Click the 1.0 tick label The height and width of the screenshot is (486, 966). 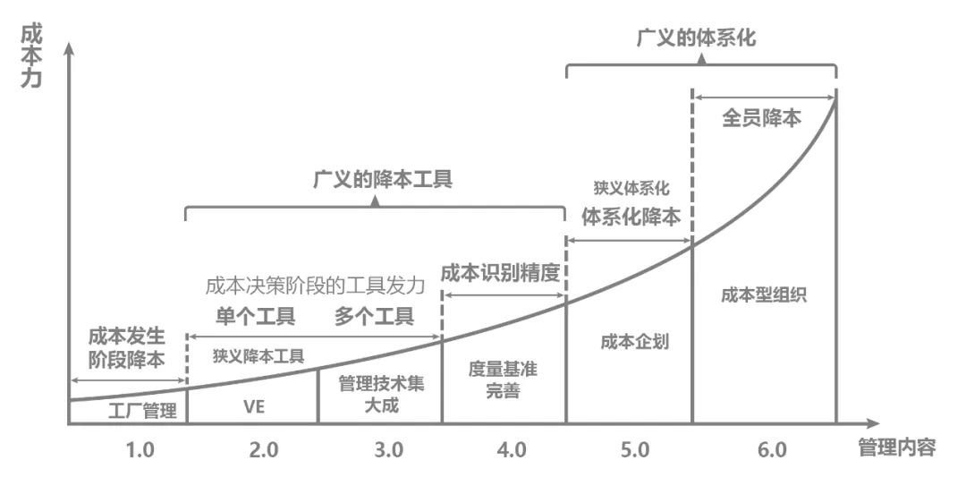tap(140, 450)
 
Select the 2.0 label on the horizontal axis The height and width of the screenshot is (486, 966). tap(264, 450)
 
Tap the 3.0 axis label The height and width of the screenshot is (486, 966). tap(389, 450)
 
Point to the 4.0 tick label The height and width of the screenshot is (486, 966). tap(511, 450)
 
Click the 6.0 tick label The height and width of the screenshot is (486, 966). tap(771, 450)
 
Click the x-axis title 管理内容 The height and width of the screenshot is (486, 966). tap(897, 448)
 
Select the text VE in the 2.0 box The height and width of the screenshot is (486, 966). tap(254, 405)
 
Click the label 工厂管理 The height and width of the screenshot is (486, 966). tap(142, 412)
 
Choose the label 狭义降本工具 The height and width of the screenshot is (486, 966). tap(258, 355)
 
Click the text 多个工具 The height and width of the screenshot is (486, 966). tap(374, 316)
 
